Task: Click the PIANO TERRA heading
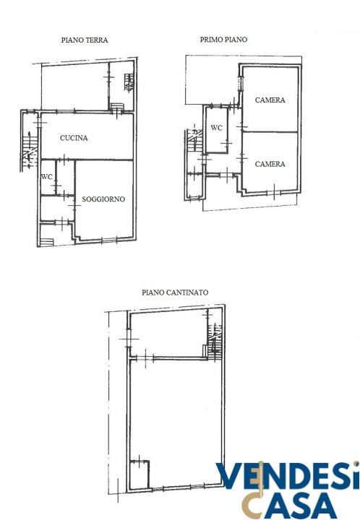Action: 85,40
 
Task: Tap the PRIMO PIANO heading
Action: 223,40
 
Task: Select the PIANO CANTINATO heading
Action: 175,292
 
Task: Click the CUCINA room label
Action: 74,138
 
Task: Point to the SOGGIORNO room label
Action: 103,199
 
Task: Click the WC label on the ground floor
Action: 47,177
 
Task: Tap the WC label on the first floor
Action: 217,128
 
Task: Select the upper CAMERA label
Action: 270,100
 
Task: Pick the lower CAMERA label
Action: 270,164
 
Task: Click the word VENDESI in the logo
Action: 288,476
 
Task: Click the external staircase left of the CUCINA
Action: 30,150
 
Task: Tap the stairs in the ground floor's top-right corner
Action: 129,82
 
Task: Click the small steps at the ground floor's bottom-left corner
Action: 47,242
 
